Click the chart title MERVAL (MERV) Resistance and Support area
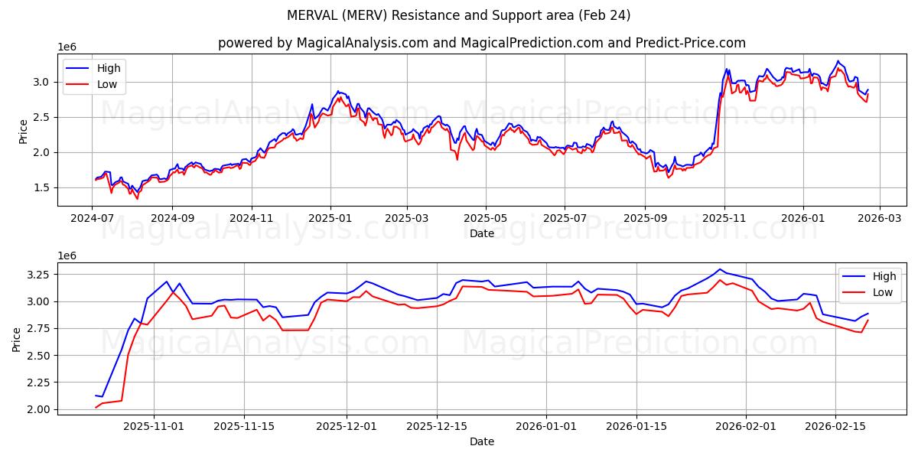[459, 15]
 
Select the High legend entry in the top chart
[108, 68]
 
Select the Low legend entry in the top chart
[108, 84]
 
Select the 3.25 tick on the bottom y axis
[40, 274]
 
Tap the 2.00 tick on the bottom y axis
[40, 409]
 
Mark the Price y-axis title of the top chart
[24, 131]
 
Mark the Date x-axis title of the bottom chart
[482, 441]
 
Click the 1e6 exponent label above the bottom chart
[69, 256]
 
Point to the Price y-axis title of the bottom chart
[18, 340]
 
